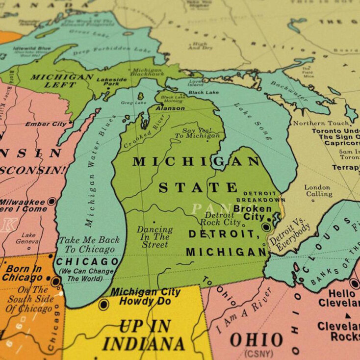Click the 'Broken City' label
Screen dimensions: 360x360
point(252,208)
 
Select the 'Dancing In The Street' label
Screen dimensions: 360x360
point(154,236)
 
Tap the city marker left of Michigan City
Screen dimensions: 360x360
point(103,304)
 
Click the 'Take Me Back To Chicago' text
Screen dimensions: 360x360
point(88,244)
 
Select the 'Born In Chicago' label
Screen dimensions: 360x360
point(23,273)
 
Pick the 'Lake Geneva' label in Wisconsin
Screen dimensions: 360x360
point(28,238)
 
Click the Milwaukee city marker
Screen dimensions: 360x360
point(51,201)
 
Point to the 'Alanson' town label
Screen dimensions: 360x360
point(170,108)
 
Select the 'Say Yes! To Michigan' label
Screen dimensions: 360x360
point(195,133)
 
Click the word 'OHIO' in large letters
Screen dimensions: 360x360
point(257,340)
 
